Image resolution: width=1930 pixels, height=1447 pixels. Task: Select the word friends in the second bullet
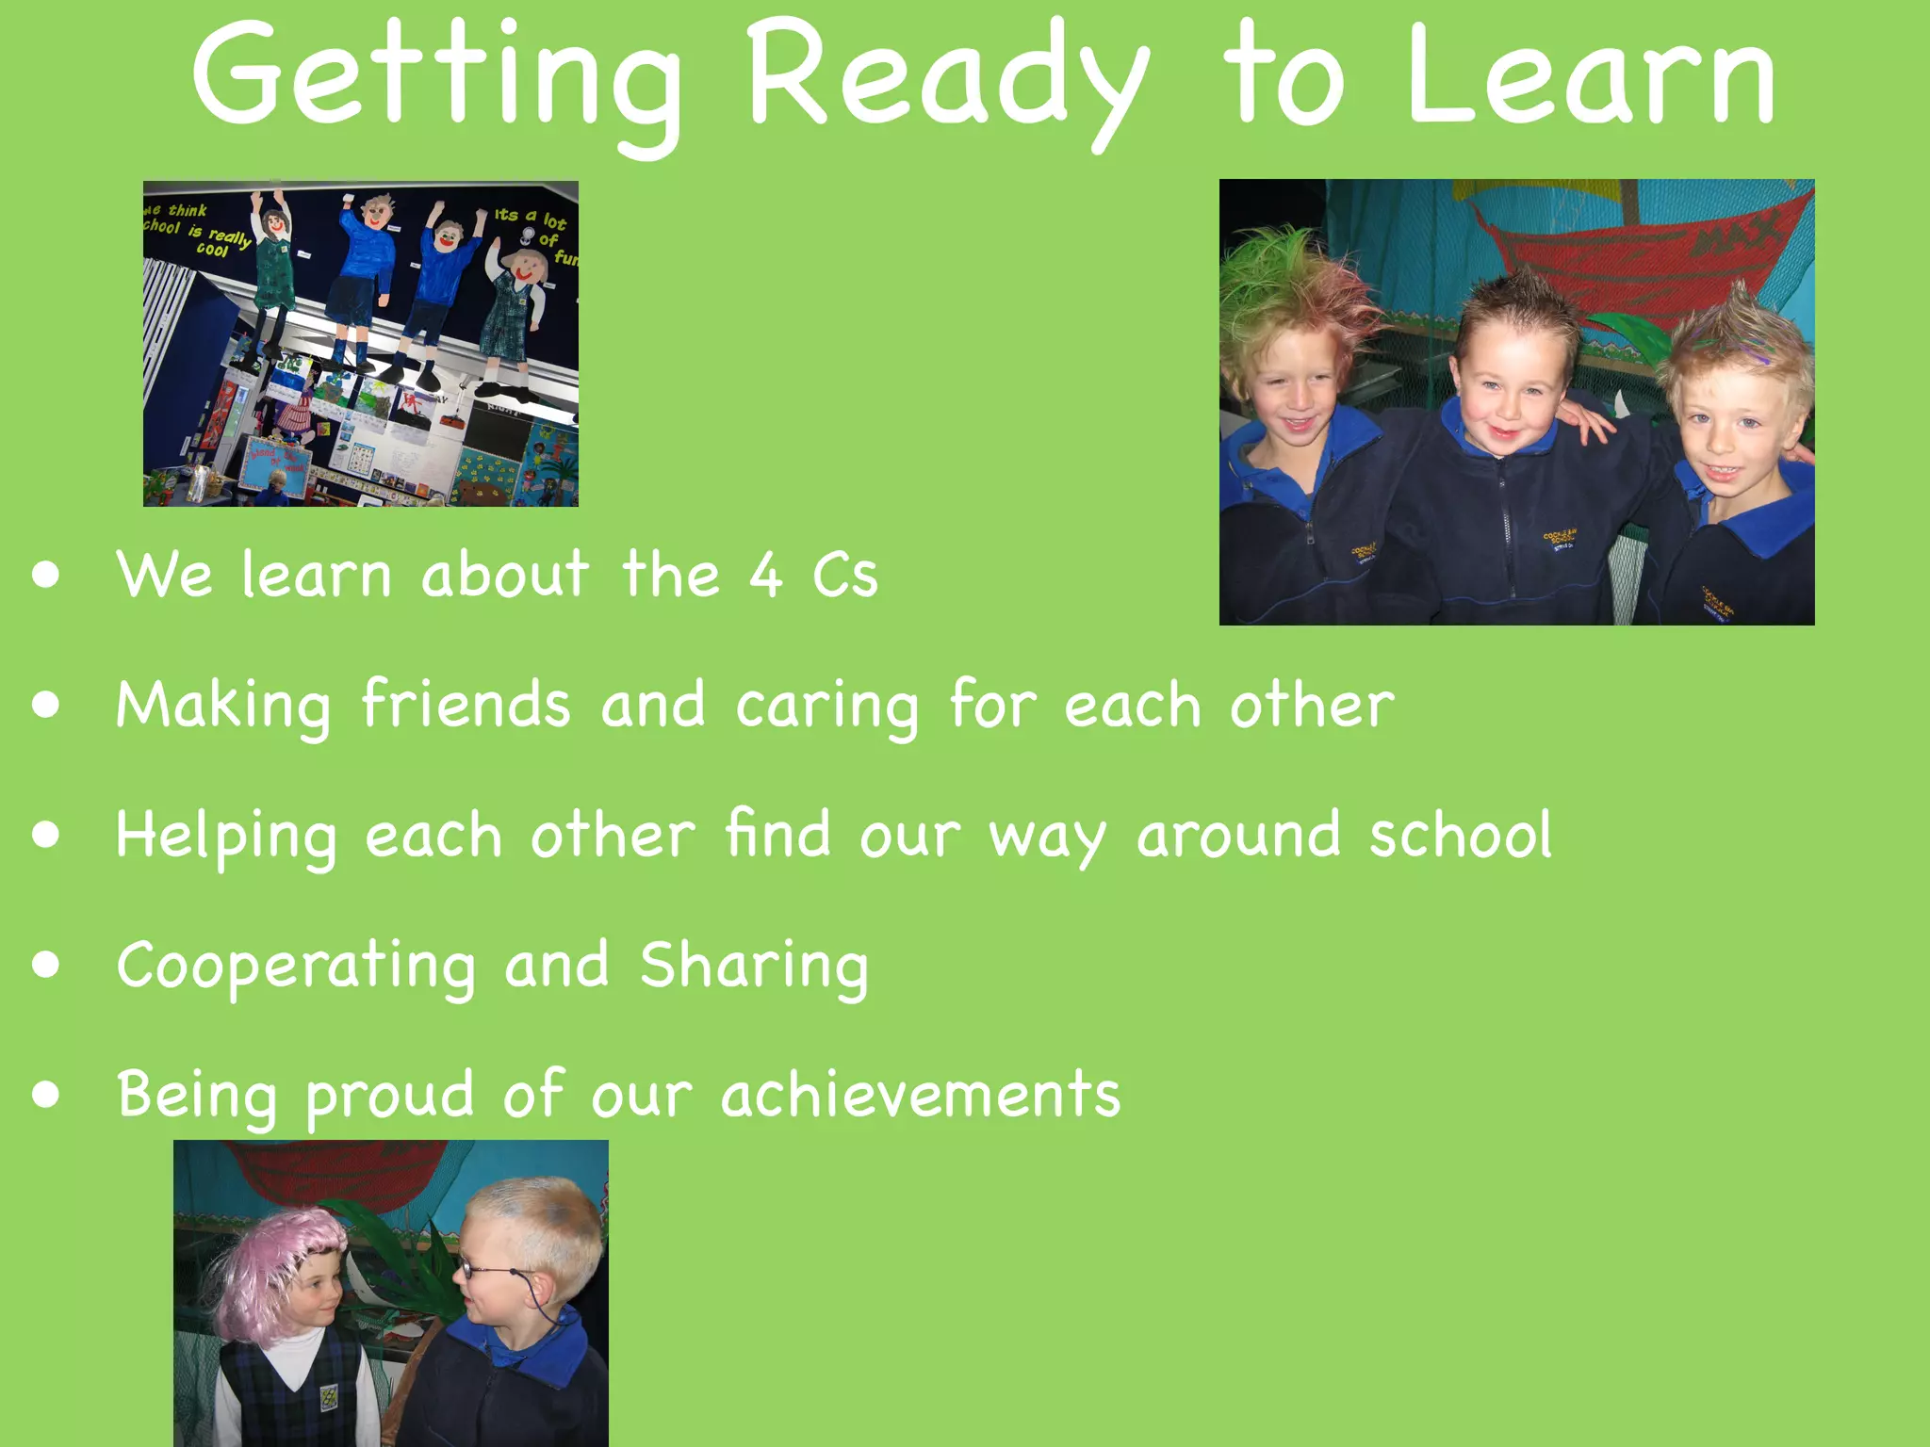click(466, 704)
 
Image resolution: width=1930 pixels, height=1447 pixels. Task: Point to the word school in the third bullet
click(1460, 835)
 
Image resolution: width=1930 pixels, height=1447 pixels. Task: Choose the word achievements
click(921, 1095)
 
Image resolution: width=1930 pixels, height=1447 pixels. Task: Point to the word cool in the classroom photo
click(212, 250)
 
